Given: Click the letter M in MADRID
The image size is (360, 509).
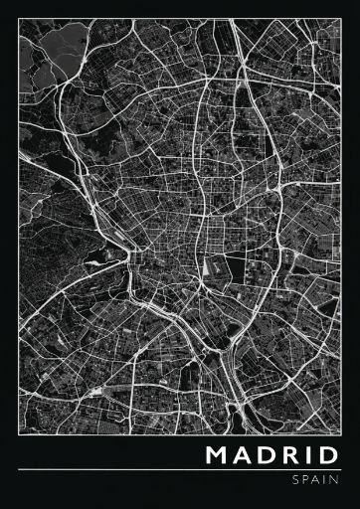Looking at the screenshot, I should [218, 456].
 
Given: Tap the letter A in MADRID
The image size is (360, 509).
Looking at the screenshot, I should [246, 456].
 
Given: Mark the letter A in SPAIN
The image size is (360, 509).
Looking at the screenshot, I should [317, 479].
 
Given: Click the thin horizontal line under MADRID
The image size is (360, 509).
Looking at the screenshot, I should [180, 469].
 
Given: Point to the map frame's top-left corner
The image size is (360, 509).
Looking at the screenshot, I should [19, 19].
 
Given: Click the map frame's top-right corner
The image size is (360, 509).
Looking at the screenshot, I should [341, 19].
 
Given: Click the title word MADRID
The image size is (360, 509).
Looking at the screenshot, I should [273, 456].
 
